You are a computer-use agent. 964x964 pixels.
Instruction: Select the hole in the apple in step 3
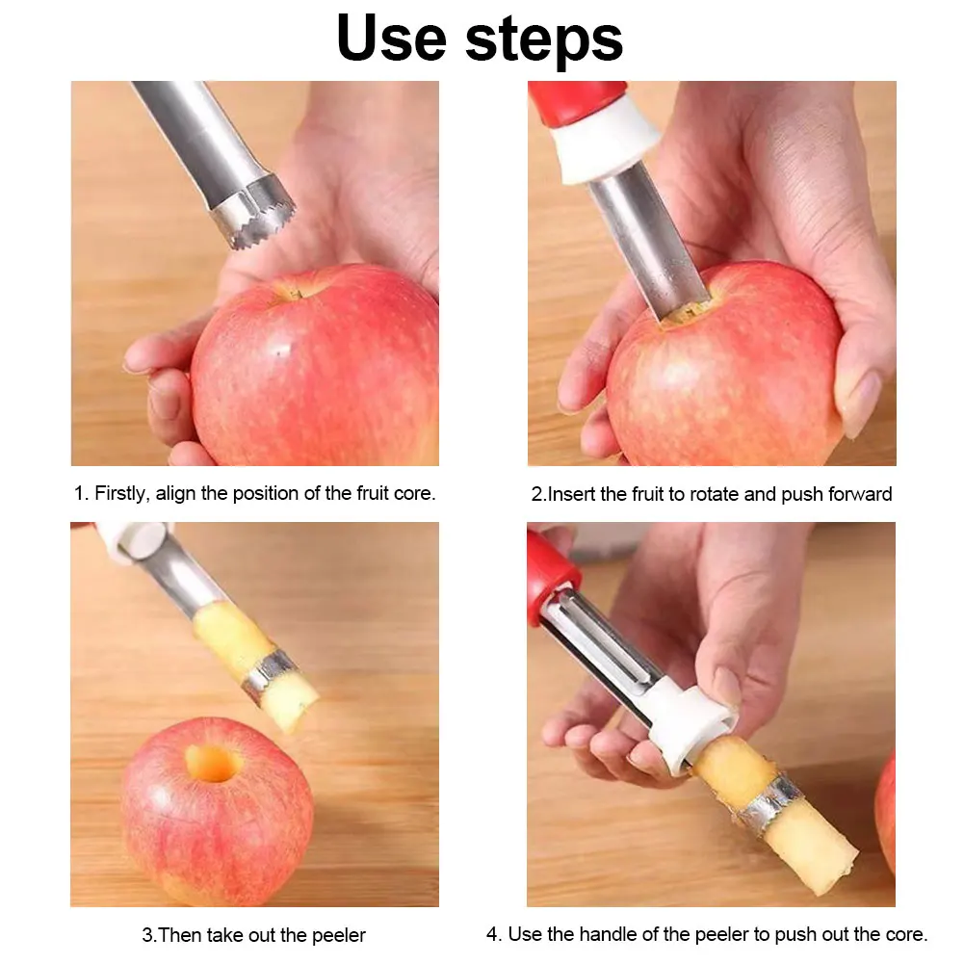point(214,763)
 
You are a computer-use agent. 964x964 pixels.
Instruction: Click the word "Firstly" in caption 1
point(120,493)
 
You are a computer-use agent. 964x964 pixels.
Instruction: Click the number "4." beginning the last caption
point(493,934)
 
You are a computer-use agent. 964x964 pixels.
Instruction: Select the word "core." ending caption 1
point(415,493)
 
